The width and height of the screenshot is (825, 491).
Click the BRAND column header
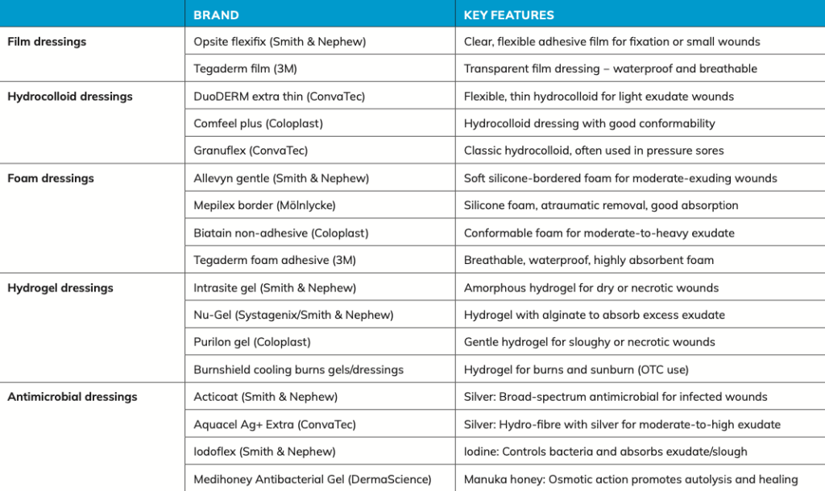216,14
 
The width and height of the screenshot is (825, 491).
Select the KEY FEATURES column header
508,14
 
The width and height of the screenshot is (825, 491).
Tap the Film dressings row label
47,41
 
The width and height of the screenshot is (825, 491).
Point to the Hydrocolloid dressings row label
70,96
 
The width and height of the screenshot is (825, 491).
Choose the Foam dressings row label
51,178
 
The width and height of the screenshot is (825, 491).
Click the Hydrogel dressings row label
60,287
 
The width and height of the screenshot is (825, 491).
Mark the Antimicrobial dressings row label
73,396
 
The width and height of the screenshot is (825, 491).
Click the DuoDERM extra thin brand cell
279,96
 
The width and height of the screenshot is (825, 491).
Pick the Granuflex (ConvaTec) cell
251,151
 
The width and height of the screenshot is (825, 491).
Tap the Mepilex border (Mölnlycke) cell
264,205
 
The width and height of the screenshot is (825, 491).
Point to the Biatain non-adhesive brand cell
280,233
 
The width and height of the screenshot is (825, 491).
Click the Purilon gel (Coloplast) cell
251,342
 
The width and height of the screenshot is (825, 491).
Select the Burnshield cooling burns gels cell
298,369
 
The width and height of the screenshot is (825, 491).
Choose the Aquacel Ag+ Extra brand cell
274,424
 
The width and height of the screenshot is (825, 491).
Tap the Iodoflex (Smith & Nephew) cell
264,452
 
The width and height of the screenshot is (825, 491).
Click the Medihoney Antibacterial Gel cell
312,479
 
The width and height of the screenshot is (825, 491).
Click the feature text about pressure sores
594,151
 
